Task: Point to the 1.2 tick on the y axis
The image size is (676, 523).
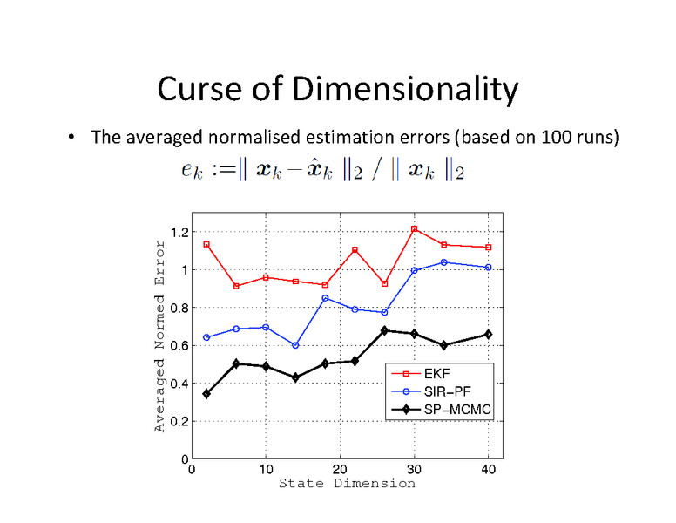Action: pos(179,232)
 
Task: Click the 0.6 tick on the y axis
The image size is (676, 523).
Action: pos(179,345)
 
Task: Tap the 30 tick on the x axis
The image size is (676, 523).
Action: pos(414,470)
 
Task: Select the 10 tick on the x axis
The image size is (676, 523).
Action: pos(266,470)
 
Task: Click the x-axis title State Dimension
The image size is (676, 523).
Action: pos(347,483)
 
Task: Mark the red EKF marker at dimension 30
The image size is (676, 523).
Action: pos(415,229)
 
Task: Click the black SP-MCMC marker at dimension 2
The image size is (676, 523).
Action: pos(206,394)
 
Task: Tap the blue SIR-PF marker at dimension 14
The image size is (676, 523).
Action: pos(295,345)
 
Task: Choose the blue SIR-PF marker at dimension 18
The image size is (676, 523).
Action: pos(325,298)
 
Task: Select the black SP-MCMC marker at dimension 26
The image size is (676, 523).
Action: pos(384,330)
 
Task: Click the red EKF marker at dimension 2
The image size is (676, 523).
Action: pos(206,244)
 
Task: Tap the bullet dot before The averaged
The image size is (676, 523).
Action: pos(70,137)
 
